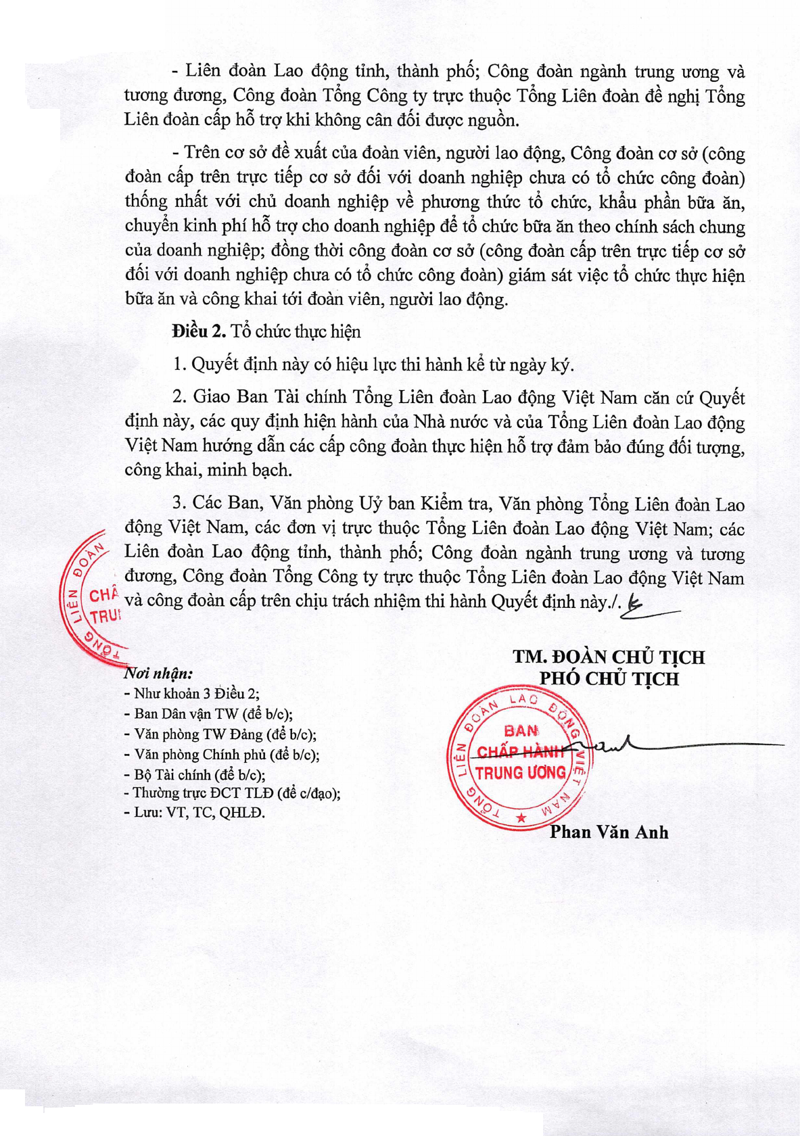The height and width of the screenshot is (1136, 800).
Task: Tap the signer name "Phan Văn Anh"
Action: pyautogui.click(x=609, y=832)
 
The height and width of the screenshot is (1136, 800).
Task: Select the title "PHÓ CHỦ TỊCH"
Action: pyautogui.click(x=609, y=678)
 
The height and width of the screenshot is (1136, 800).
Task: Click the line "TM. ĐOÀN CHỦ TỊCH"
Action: pyautogui.click(x=609, y=657)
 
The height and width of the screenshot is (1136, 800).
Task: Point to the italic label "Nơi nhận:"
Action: pyautogui.click(x=158, y=673)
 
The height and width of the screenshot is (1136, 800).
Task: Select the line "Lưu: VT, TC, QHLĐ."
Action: pyautogui.click(x=195, y=812)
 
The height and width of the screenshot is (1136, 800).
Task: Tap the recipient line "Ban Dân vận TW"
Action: pyautogui.click(x=210, y=713)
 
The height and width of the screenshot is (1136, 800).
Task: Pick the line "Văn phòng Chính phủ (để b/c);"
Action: pyautogui.click(x=222, y=755)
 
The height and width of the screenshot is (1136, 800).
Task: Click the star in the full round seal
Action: pyautogui.click(x=521, y=818)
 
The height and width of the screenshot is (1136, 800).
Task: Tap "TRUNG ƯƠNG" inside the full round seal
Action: pyautogui.click(x=521, y=772)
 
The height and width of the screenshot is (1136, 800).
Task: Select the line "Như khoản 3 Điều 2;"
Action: pyautogui.click(x=193, y=693)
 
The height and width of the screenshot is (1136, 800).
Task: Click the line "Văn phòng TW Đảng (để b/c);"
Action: pyautogui.click(x=221, y=734)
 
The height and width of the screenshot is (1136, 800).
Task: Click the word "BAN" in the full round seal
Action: pyautogui.click(x=521, y=730)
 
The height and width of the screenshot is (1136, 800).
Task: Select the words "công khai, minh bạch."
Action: pyautogui.click(x=208, y=470)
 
